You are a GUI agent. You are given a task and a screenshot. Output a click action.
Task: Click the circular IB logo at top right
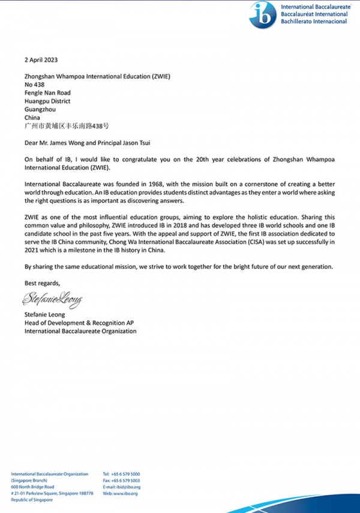(263, 14)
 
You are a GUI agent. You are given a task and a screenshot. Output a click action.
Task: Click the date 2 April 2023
(42, 60)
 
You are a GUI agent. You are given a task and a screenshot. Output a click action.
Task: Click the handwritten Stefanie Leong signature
(52, 298)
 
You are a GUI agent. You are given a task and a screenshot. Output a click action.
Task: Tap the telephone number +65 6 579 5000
(126, 474)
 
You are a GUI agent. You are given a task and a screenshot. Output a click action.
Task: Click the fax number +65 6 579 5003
(127, 481)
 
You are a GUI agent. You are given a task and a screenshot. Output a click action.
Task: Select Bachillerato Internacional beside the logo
(313, 22)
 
